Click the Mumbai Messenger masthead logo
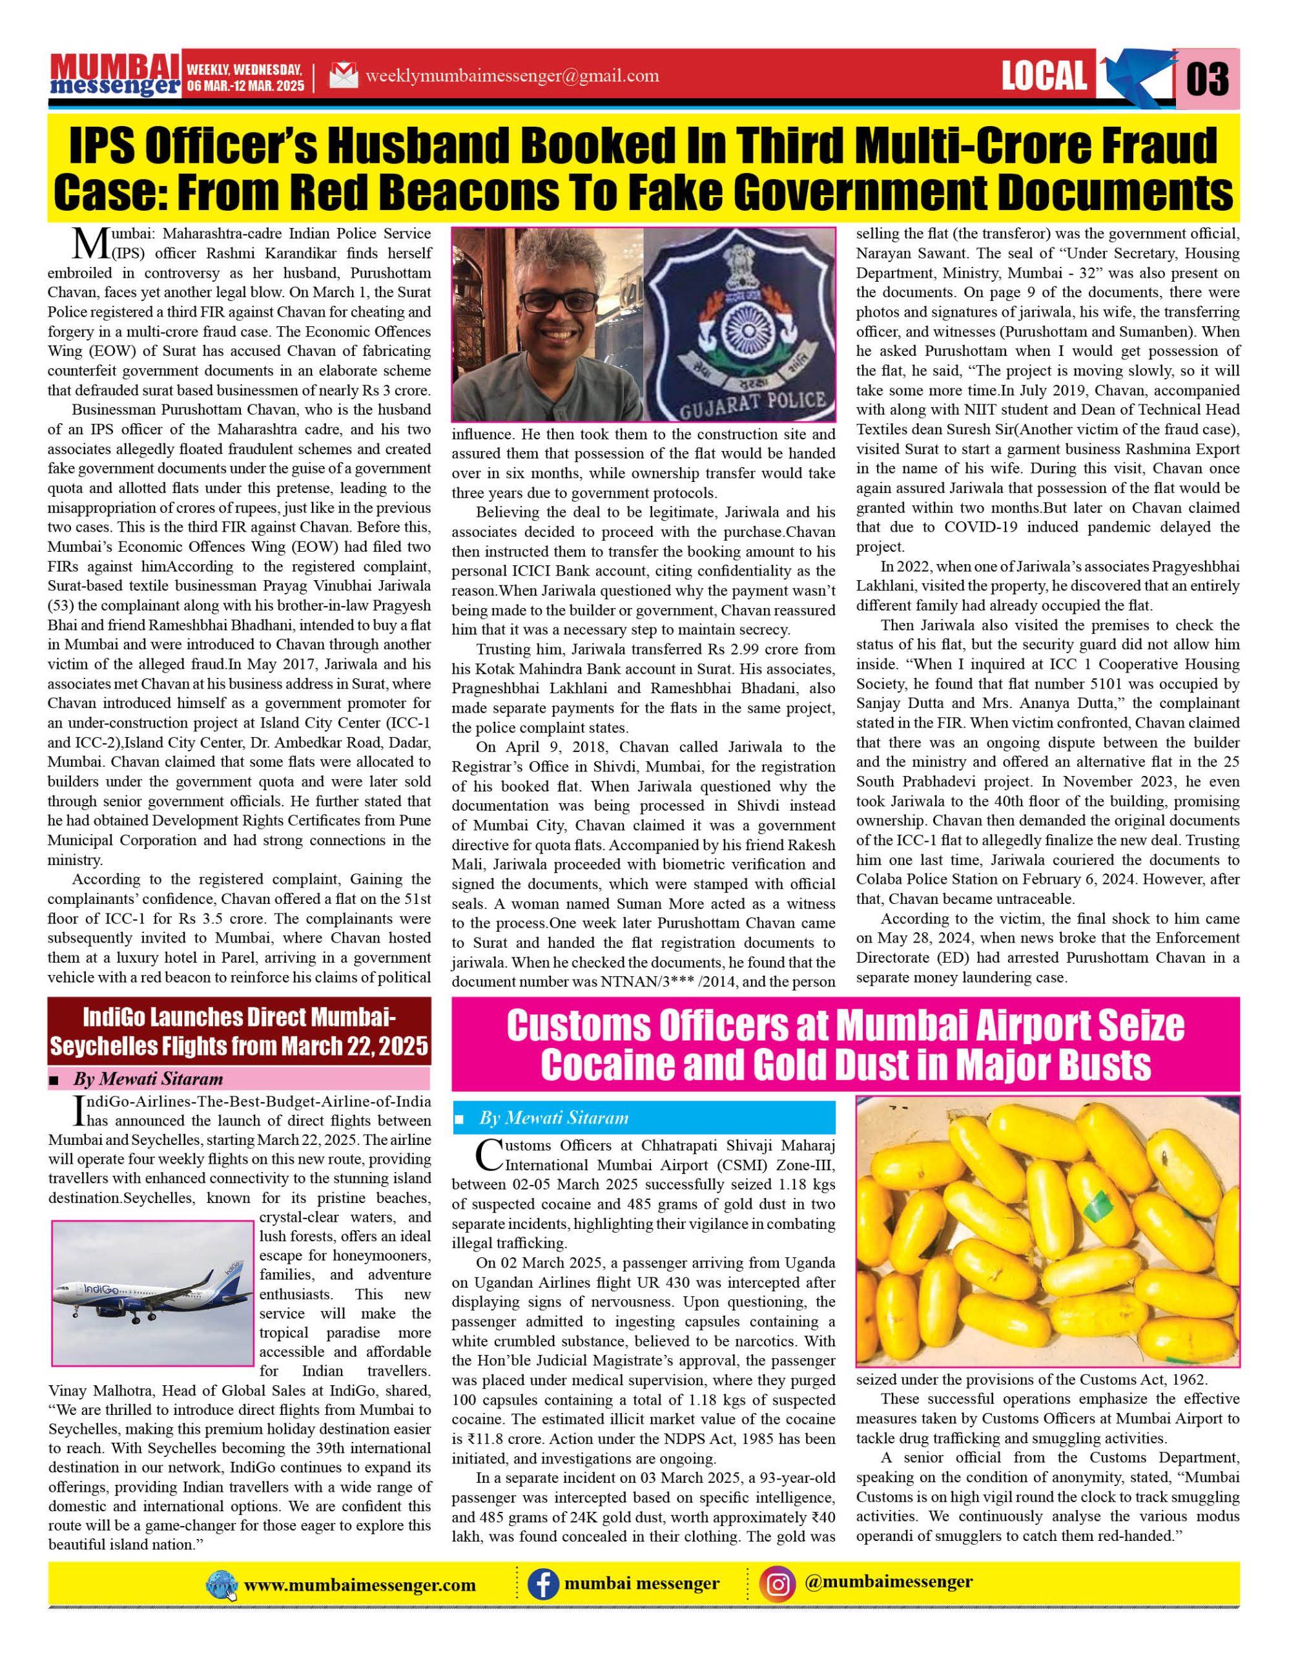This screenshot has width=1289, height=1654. (x=115, y=76)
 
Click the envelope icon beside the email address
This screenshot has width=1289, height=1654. (x=344, y=76)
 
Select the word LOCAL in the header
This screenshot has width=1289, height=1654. (x=1046, y=76)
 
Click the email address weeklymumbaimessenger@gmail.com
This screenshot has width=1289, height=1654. (x=511, y=76)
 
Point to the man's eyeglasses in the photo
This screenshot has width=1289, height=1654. (x=550, y=302)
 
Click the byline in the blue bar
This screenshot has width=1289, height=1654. (x=554, y=1117)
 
